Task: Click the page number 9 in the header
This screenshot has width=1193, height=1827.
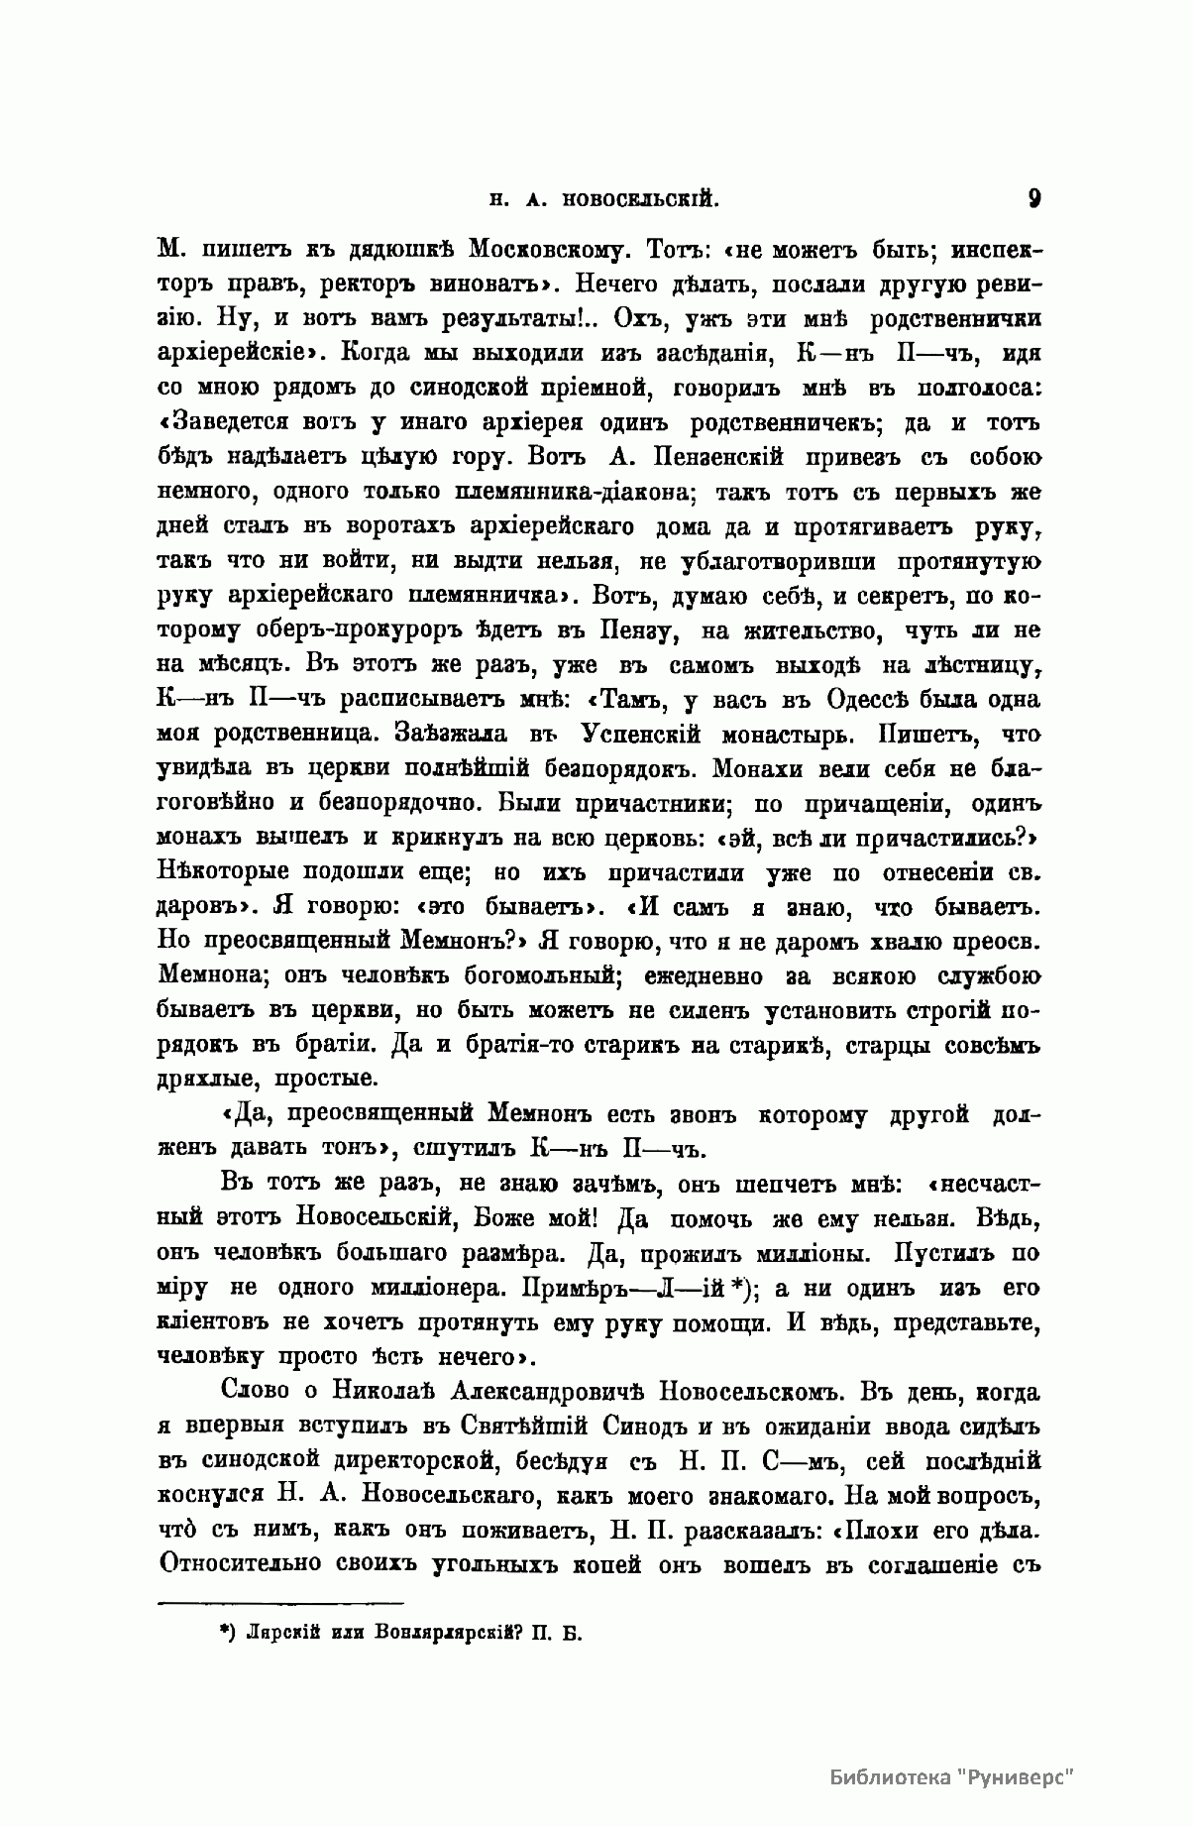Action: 1033,197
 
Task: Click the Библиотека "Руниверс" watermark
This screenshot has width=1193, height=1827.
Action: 951,1775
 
